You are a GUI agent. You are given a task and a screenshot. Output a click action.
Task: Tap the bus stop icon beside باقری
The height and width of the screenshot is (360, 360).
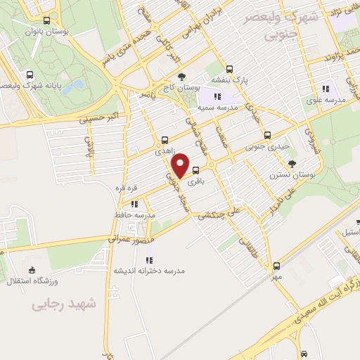[195, 169]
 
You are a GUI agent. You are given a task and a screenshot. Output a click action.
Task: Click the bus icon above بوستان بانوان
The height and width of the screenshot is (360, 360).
[46, 21]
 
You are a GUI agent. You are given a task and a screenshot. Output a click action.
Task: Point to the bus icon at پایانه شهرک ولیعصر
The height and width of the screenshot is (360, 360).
[30, 75]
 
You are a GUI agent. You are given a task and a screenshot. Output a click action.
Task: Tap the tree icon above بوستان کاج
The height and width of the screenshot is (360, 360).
[182, 77]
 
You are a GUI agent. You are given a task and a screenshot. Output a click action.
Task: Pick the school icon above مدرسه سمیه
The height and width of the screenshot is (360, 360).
[217, 96]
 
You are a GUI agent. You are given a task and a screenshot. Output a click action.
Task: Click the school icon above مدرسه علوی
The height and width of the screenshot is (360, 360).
[326, 89]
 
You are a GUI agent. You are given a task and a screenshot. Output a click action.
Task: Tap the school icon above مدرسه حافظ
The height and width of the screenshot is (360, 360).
[133, 204]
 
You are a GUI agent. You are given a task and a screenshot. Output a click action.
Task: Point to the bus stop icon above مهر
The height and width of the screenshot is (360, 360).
[276, 266]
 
